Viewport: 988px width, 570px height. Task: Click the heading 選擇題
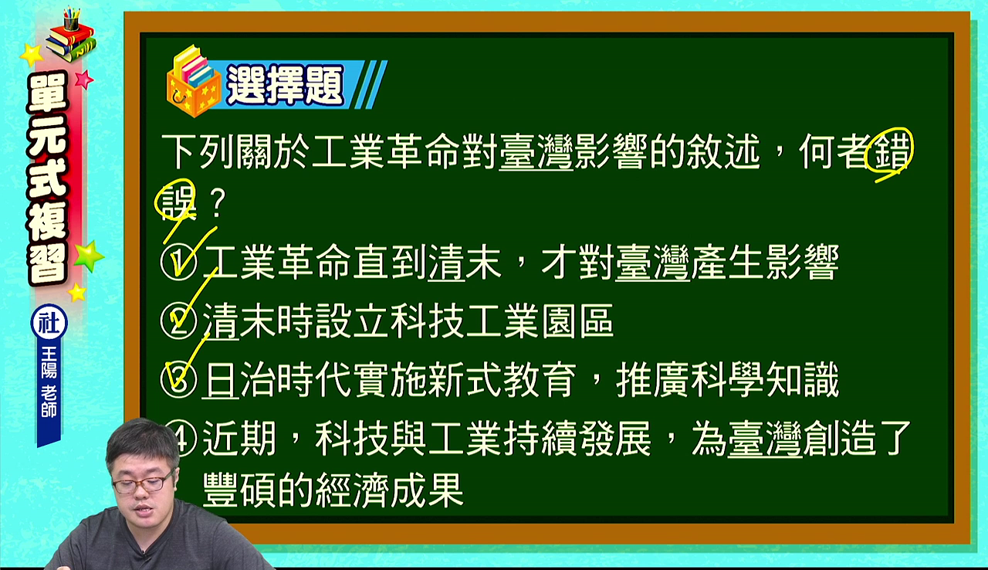click(285, 85)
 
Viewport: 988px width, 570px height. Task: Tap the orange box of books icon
click(193, 82)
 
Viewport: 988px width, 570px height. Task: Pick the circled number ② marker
click(178, 321)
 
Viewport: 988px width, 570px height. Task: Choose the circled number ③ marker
click(178, 380)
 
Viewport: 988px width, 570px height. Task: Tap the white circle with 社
click(49, 323)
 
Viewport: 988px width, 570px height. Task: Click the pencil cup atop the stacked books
click(71, 19)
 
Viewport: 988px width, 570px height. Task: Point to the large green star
click(89, 256)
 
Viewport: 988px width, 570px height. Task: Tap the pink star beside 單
click(83, 80)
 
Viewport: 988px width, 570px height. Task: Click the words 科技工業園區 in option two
click(502, 321)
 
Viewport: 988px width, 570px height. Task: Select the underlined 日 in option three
click(220, 380)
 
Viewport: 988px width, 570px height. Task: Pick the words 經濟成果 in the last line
click(390, 490)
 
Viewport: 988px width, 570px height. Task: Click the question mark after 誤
click(217, 203)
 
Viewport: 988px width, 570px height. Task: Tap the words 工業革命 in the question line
click(387, 151)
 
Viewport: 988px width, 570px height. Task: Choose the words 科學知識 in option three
click(764, 380)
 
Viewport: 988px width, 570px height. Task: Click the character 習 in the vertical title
click(47, 263)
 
